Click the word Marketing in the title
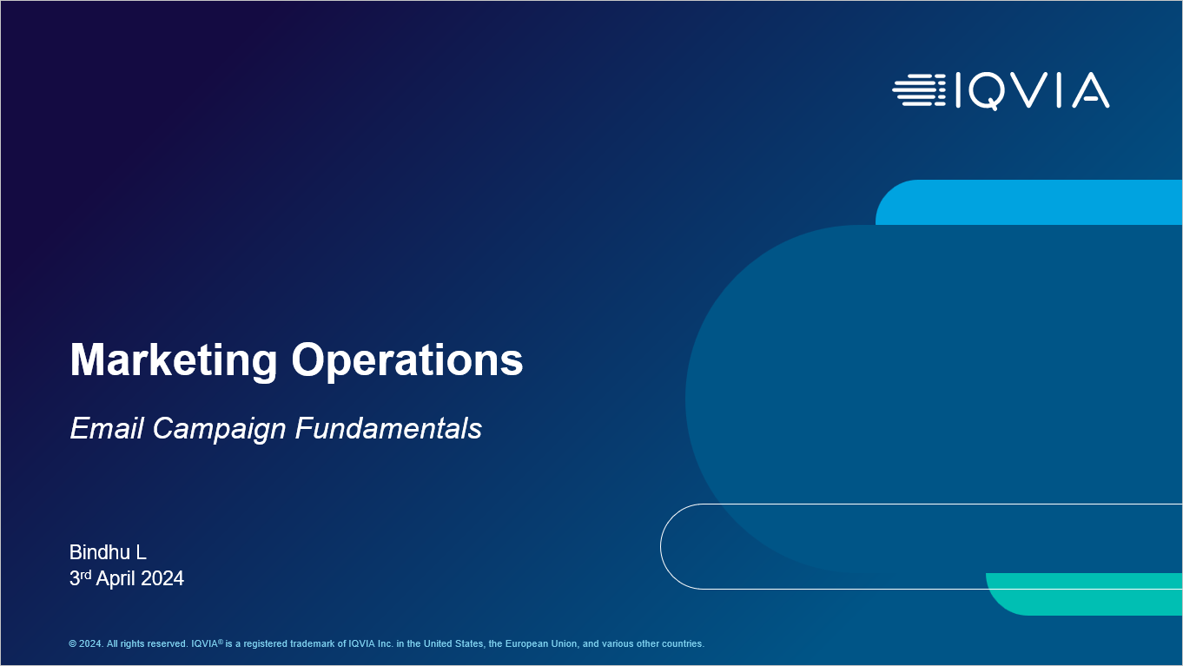174,360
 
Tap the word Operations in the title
407,360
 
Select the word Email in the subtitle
107,428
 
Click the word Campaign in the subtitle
219,429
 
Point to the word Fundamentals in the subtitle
389,428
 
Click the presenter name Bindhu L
108,552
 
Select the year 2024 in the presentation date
162,578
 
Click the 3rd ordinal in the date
80,577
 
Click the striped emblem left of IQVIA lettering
919,90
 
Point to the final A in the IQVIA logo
1091,91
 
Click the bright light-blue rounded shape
1028,202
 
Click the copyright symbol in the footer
72,643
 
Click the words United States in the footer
453,643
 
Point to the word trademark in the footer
316,643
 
